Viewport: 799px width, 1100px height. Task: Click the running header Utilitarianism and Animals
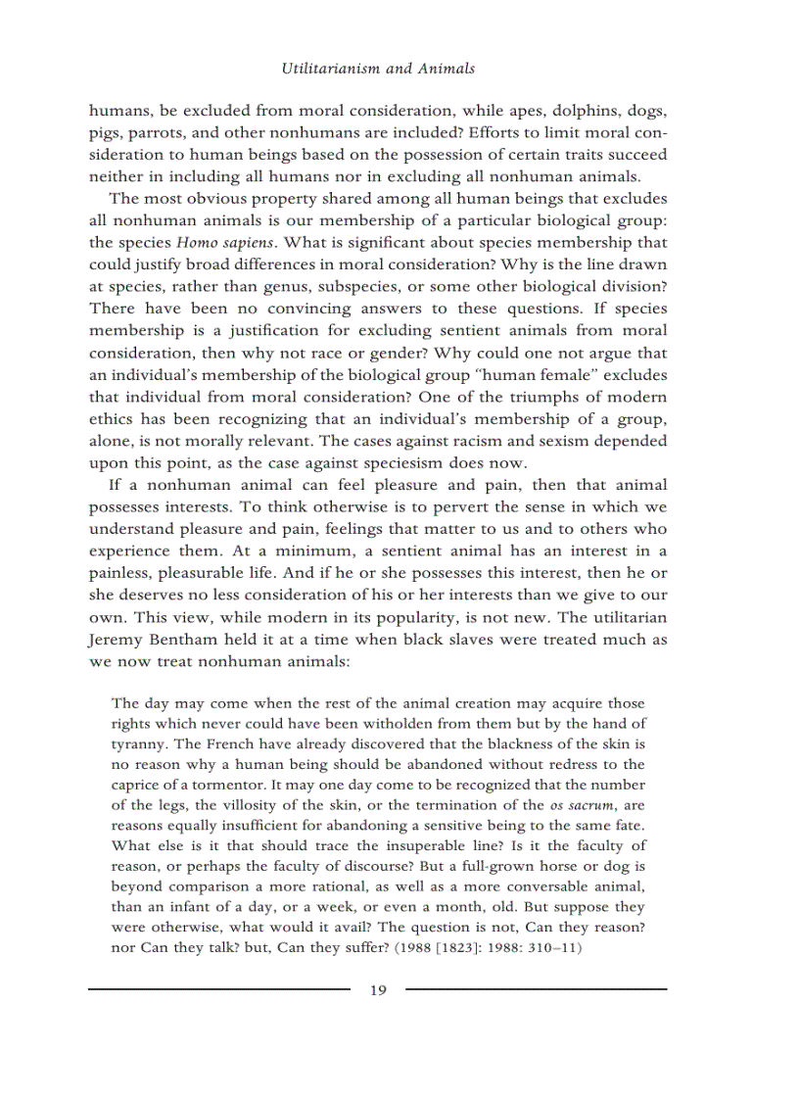click(x=378, y=69)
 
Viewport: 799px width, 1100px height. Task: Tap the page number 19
click(x=378, y=990)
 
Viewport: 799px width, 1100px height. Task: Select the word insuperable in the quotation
click(x=368, y=845)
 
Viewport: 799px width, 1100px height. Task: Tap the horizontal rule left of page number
click(x=218, y=989)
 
